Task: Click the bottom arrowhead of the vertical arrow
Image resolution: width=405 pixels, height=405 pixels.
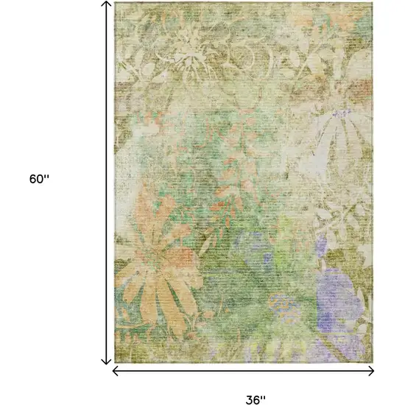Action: tap(106, 361)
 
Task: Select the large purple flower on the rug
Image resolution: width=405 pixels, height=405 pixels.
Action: tap(339, 295)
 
